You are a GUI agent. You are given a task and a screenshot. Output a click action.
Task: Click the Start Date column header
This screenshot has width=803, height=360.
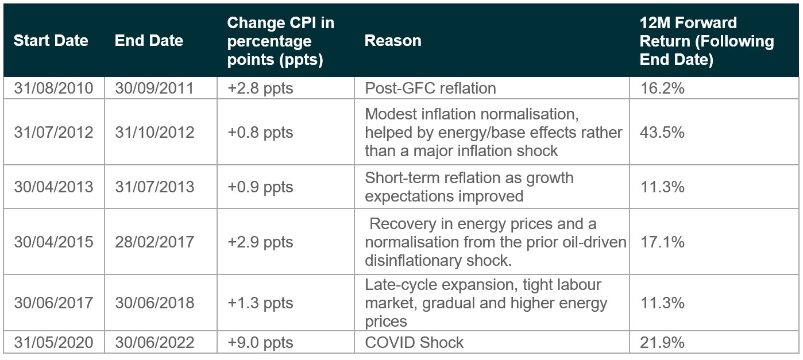pyautogui.click(x=51, y=41)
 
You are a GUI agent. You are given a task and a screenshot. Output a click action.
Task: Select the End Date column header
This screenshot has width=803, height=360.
pyautogui.click(x=149, y=41)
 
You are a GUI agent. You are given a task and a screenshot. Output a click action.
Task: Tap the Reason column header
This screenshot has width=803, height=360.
pyautogui.click(x=393, y=41)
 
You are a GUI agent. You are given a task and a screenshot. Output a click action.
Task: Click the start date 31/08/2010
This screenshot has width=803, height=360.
pyautogui.click(x=54, y=88)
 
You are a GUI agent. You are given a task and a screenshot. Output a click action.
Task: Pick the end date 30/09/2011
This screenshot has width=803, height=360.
pyautogui.click(x=155, y=88)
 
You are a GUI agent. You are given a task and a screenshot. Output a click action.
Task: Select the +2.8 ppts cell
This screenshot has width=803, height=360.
pyautogui.click(x=260, y=88)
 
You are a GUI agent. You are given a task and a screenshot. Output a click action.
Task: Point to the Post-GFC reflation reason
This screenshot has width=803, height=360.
pyautogui.click(x=431, y=88)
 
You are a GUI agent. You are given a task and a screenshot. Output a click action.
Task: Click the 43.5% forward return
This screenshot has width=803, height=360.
pyautogui.click(x=662, y=133)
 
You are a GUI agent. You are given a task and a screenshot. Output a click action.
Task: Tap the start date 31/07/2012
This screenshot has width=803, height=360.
pyautogui.click(x=54, y=133)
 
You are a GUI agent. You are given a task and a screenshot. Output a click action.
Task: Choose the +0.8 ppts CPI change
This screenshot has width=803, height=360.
pyautogui.click(x=260, y=133)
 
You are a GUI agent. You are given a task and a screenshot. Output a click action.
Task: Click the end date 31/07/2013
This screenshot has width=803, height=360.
pyautogui.click(x=155, y=187)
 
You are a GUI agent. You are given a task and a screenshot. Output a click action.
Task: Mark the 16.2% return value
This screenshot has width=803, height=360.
pyautogui.click(x=662, y=88)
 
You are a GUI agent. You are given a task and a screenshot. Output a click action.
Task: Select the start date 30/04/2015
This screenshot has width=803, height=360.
pyautogui.click(x=54, y=242)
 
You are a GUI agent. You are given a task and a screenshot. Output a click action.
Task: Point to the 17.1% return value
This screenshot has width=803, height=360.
pyautogui.click(x=662, y=242)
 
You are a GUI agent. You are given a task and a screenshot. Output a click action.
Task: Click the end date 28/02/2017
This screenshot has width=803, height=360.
pyautogui.click(x=155, y=242)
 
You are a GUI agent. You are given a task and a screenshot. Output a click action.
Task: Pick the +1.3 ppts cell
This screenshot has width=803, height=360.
pyautogui.click(x=260, y=303)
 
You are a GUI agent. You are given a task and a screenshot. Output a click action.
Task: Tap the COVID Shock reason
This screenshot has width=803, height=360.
pyautogui.click(x=414, y=342)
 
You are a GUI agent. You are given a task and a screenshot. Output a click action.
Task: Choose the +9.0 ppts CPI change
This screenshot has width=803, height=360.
pyautogui.click(x=260, y=342)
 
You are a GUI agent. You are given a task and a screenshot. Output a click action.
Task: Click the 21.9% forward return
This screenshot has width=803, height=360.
pyautogui.click(x=662, y=342)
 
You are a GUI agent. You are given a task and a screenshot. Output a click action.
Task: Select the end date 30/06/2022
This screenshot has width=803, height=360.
pyautogui.click(x=155, y=342)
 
